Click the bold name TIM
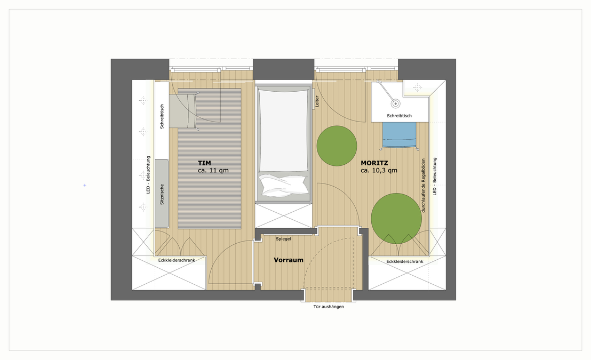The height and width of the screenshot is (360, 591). tap(204, 163)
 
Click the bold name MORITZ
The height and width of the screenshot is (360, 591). tap(374, 163)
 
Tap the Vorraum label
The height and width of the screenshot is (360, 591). tap(289, 260)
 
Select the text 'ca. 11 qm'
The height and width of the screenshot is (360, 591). tap(213, 171)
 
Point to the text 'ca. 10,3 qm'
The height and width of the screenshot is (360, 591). tap(379, 171)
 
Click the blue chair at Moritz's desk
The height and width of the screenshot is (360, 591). tap(399, 134)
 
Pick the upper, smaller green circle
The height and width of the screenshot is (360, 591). tap(337, 146)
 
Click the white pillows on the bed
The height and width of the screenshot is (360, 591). tap(283, 185)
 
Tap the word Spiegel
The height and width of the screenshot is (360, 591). tap(283, 239)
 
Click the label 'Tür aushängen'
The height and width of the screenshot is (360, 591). tap(329, 307)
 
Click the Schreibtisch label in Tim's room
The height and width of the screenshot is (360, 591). tap(162, 116)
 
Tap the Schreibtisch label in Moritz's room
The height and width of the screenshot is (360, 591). tap(399, 116)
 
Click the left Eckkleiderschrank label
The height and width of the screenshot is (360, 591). tap(177, 260)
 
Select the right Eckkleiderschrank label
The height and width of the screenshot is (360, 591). tap(405, 261)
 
